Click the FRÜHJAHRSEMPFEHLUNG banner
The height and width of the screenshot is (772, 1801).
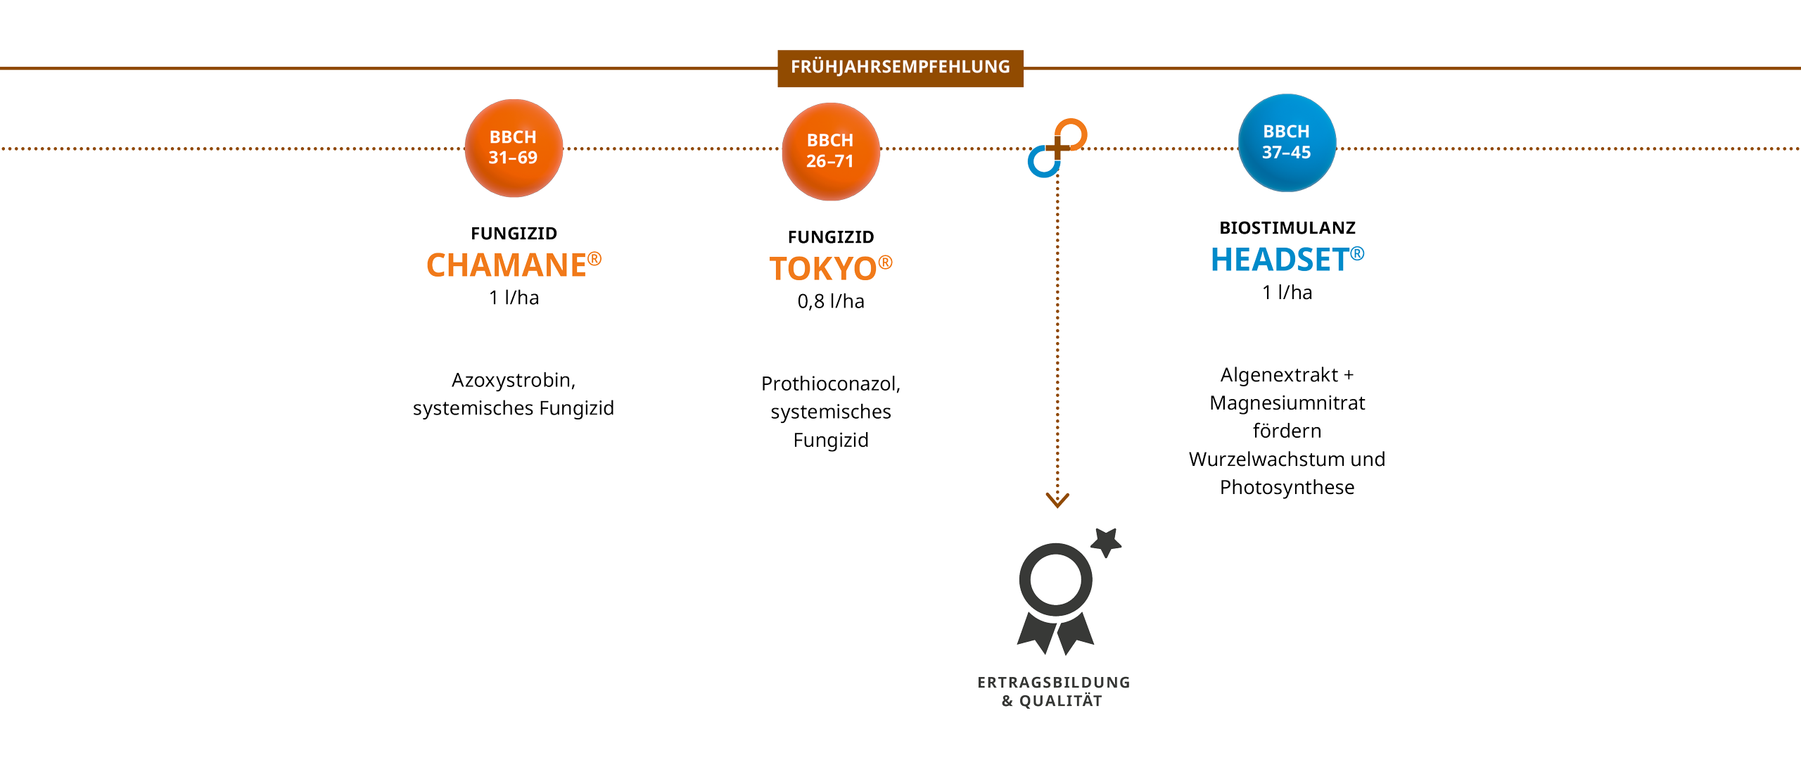coord(900,68)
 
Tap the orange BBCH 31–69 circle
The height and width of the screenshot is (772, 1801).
coord(514,148)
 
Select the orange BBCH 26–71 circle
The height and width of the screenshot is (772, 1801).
coord(830,151)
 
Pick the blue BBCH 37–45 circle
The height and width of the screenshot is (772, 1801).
coord(1287,142)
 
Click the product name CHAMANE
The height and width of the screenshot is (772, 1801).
coord(507,265)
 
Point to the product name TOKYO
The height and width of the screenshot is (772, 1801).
coord(823,269)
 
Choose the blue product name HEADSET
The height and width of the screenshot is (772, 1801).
coord(1280,260)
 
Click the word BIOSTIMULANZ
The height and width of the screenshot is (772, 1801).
coord(1287,228)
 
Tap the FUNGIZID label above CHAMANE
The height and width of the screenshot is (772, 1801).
coord(514,234)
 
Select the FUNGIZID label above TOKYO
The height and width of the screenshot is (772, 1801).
coord(830,237)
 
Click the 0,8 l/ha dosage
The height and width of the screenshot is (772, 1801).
coord(830,301)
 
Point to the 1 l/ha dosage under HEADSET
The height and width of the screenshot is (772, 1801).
coord(1287,292)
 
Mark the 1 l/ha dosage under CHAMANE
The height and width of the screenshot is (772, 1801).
coord(514,298)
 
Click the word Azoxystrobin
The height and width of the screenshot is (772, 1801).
coord(512,380)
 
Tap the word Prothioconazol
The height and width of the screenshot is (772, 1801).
coord(829,384)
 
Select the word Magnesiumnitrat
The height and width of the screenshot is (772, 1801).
coord(1287,403)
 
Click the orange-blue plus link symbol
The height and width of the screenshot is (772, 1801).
coord(1057,148)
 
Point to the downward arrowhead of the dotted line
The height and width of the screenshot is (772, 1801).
coord(1057,500)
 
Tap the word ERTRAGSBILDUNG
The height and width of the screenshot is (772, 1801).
coord(1053,682)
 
